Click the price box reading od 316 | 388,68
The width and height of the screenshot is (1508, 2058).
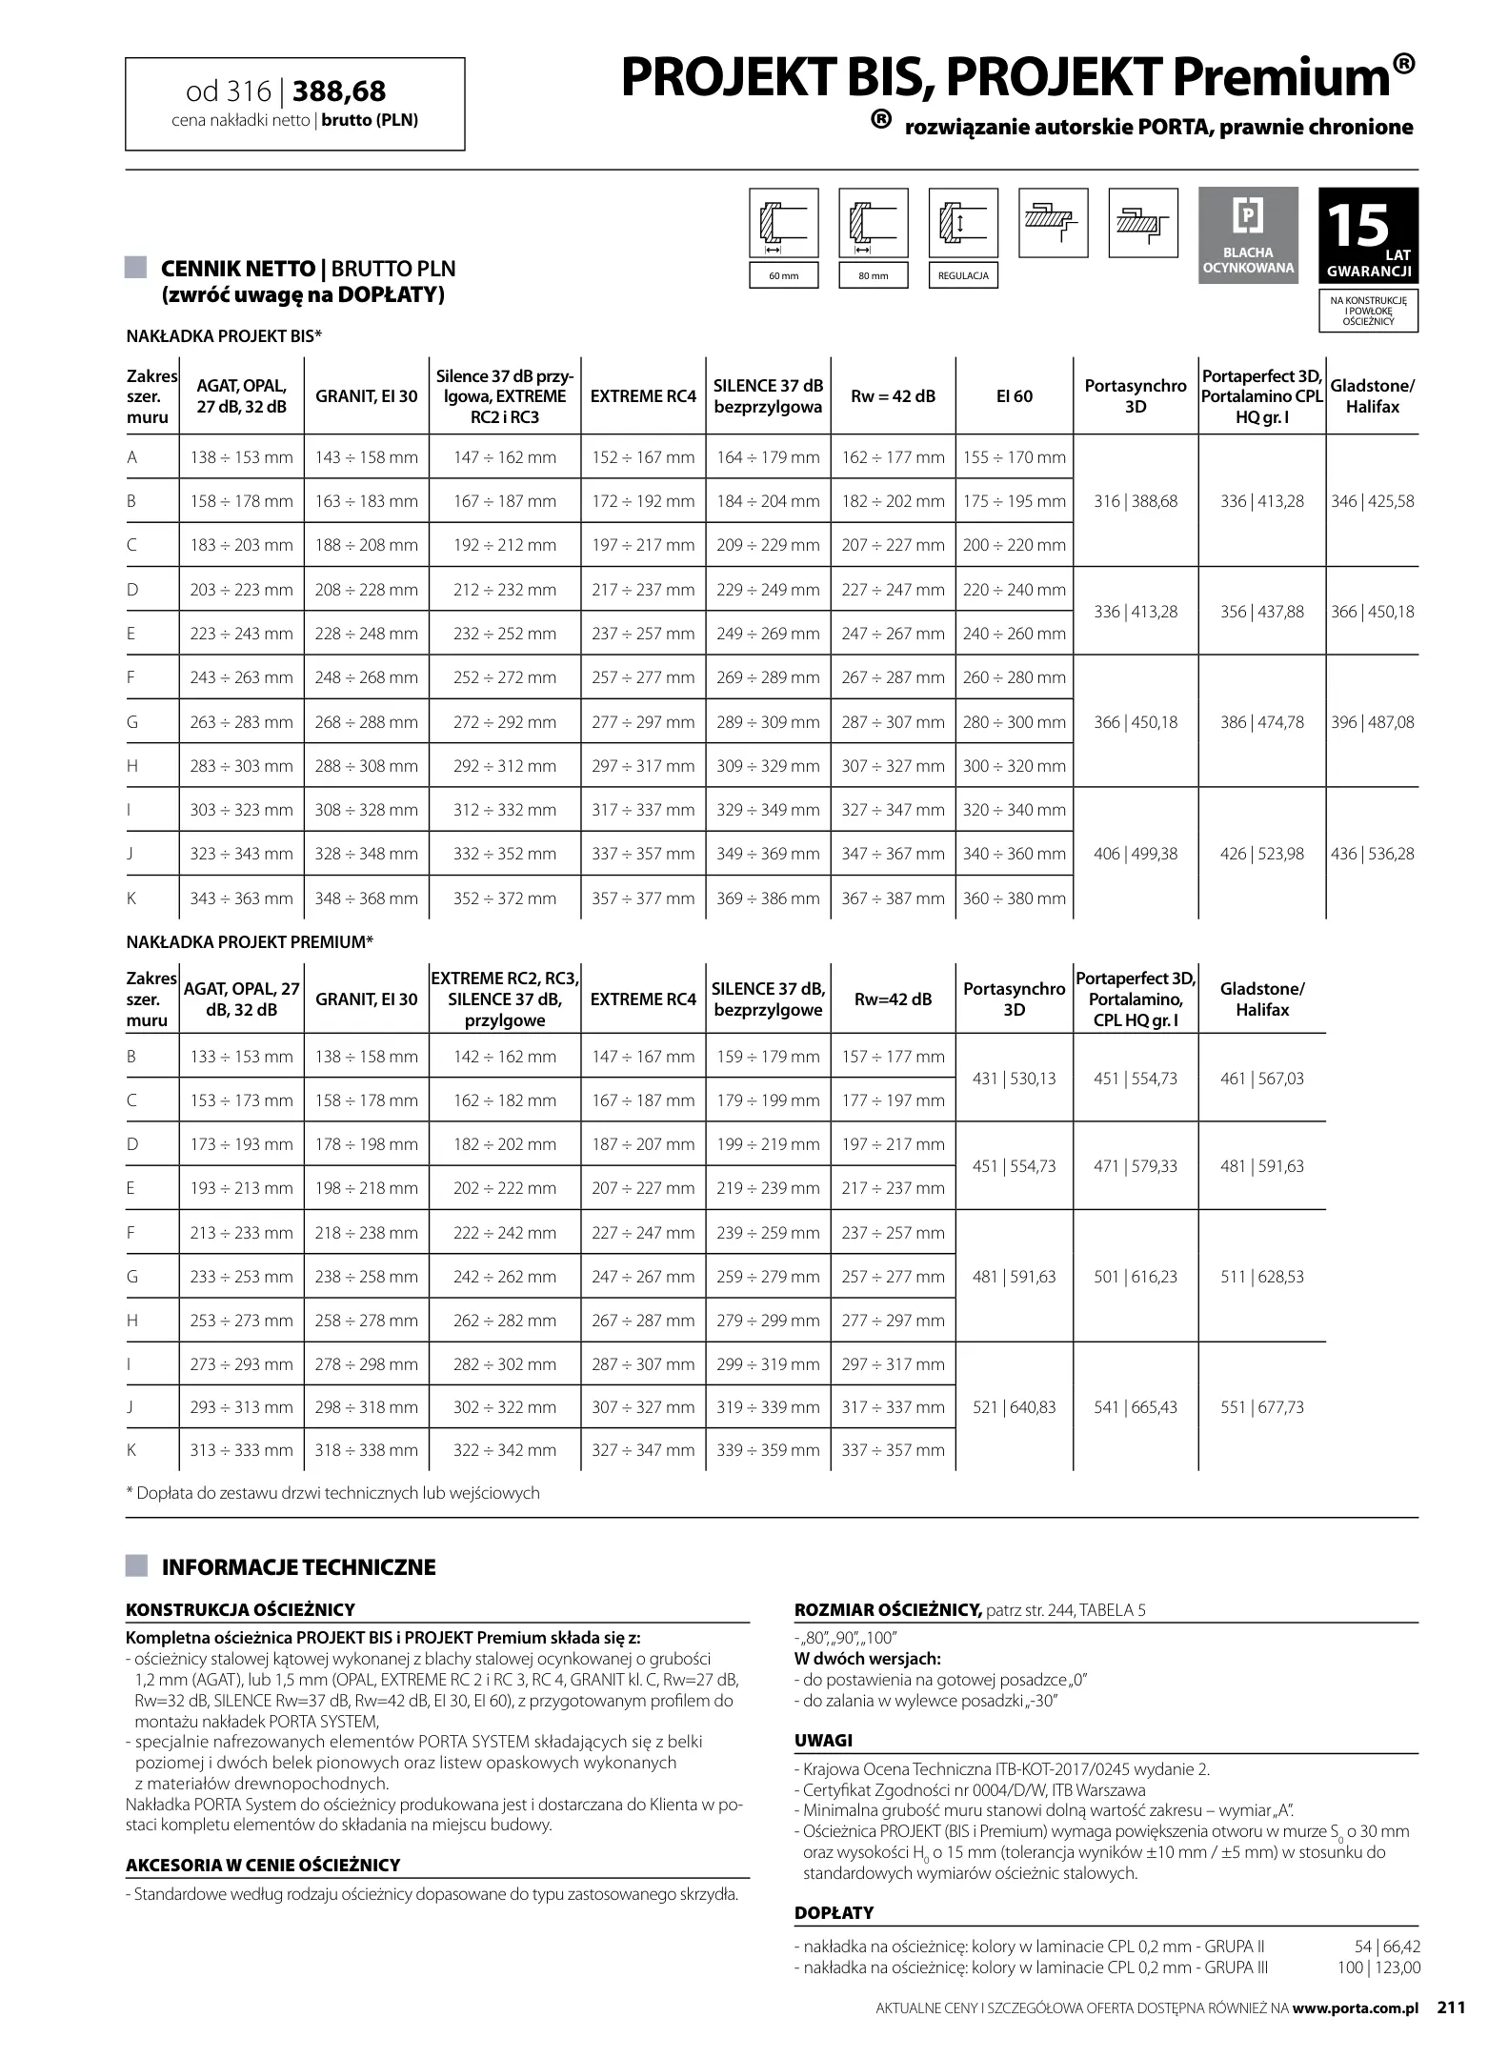(294, 104)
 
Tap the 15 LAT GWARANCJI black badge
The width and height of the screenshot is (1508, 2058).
(1368, 235)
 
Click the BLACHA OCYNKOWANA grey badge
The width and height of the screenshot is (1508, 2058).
(1248, 234)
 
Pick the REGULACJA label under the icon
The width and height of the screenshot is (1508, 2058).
(962, 276)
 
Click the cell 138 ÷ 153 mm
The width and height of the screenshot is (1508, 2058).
(241, 457)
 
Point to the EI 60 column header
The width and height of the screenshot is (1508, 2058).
(1014, 396)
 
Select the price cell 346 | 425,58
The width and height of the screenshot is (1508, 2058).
(1372, 501)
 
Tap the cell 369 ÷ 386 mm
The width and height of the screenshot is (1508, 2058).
(768, 898)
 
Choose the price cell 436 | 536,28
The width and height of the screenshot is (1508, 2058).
(1372, 854)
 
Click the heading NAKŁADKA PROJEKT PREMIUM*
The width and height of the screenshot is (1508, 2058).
(250, 942)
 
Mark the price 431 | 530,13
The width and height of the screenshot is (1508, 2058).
(1014, 1079)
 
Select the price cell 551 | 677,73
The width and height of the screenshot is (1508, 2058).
(1261, 1407)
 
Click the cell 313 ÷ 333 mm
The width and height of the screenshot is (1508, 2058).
(241, 1450)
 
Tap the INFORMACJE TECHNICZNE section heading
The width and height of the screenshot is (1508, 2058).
(298, 1567)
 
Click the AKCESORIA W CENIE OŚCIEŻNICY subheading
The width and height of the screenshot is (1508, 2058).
(263, 1866)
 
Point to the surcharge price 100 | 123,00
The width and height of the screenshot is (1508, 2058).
(1378, 1968)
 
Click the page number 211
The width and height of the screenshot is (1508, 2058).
(1451, 2008)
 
